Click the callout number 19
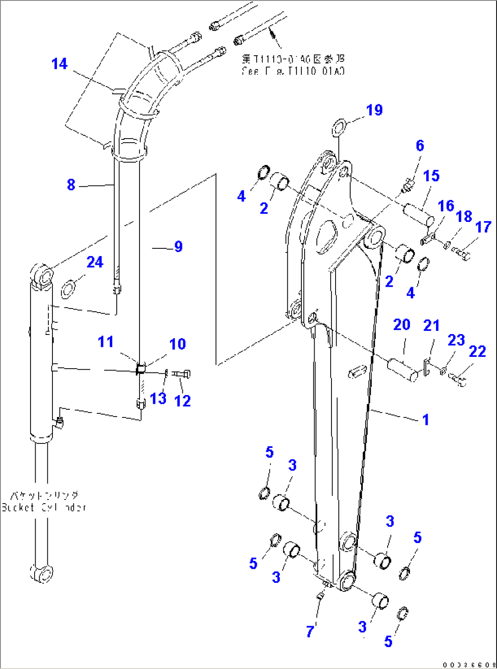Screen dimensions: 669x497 374,110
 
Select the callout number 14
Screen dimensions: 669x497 59,64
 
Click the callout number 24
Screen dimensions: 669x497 95,262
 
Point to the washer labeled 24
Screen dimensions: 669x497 68,289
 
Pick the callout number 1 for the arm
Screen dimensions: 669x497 425,419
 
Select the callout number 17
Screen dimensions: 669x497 483,227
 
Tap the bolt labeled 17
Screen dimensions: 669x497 461,252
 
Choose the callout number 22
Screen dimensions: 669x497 477,351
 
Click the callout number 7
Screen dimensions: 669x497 310,632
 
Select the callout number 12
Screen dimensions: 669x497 182,401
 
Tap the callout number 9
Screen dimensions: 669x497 178,247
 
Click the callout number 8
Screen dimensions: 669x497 71,185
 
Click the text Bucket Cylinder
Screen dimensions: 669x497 44,507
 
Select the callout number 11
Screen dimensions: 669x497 105,342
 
